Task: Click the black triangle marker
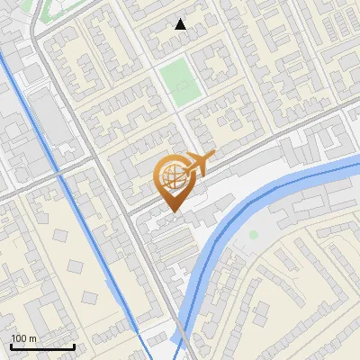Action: click(181, 24)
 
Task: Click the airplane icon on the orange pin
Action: click(200, 163)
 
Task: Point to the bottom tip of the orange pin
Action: click(171, 212)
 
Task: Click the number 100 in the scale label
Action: click(20, 338)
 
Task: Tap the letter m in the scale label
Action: click(33, 338)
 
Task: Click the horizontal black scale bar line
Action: click(42, 346)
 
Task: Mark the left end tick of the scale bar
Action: click(11, 345)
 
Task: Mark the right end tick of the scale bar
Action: click(74, 345)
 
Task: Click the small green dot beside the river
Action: click(254, 235)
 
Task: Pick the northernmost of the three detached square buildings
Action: click(61, 236)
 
